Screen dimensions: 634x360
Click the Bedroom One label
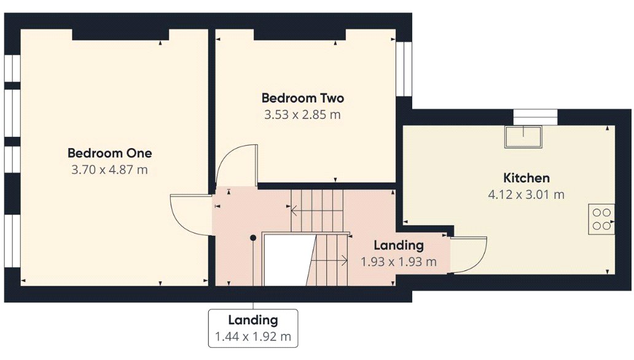point(109,153)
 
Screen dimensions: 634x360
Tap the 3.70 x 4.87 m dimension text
point(109,170)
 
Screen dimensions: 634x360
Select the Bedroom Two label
point(303,98)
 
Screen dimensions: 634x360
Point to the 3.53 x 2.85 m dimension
point(302,114)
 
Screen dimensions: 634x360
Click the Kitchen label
point(526,178)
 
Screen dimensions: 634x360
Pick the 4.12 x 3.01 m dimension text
point(526,195)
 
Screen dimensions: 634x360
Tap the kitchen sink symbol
point(523,137)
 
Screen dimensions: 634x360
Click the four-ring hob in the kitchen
point(601,219)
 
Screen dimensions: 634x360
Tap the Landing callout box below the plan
point(253,329)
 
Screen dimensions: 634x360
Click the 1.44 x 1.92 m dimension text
point(253,337)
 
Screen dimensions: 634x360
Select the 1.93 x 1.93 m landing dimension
point(399,262)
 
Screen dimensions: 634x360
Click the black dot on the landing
point(253,238)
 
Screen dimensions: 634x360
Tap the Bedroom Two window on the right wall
point(404,69)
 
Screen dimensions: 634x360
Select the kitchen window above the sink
point(535,117)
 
